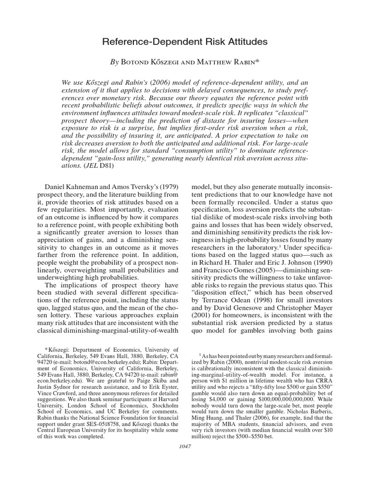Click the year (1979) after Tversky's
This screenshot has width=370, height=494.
[x=169, y=186]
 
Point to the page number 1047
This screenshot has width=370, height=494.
[x=185, y=446]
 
